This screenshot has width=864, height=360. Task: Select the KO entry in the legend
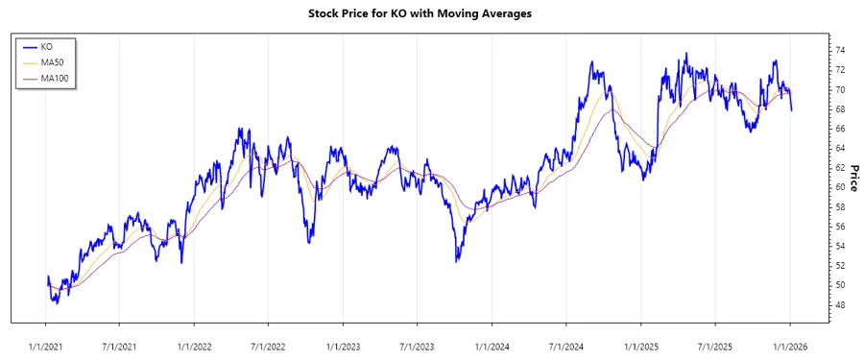click(46, 46)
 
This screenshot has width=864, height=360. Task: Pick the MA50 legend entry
click(52, 62)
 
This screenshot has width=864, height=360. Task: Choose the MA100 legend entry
click(54, 78)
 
